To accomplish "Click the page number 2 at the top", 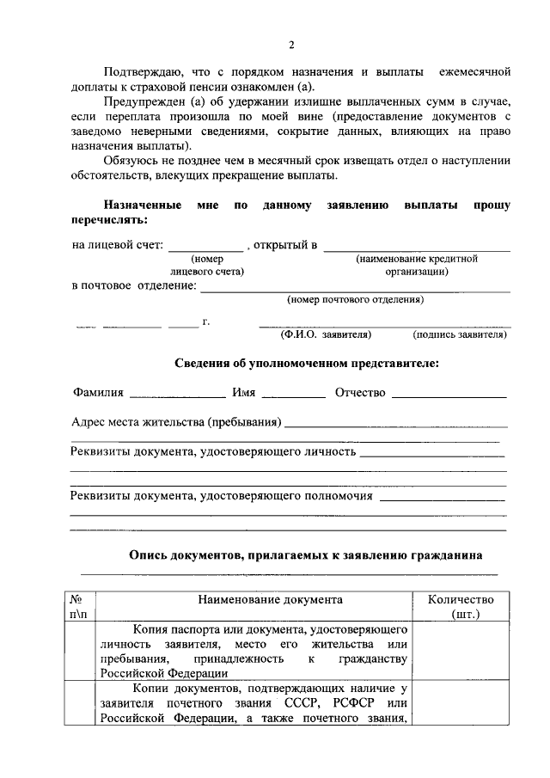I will (291, 45).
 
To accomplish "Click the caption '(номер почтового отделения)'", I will (355, 301).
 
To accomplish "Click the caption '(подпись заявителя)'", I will (460, 334).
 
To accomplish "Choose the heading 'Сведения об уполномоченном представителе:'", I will (307, 364).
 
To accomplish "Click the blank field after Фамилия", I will (177, 395).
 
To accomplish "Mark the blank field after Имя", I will (294, 395).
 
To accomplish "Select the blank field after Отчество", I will (448, 395).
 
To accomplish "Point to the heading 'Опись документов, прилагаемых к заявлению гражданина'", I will (306, 555).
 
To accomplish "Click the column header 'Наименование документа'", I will (270, 600).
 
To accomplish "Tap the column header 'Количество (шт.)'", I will (465, 607).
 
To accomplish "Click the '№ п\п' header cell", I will (76, 607).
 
